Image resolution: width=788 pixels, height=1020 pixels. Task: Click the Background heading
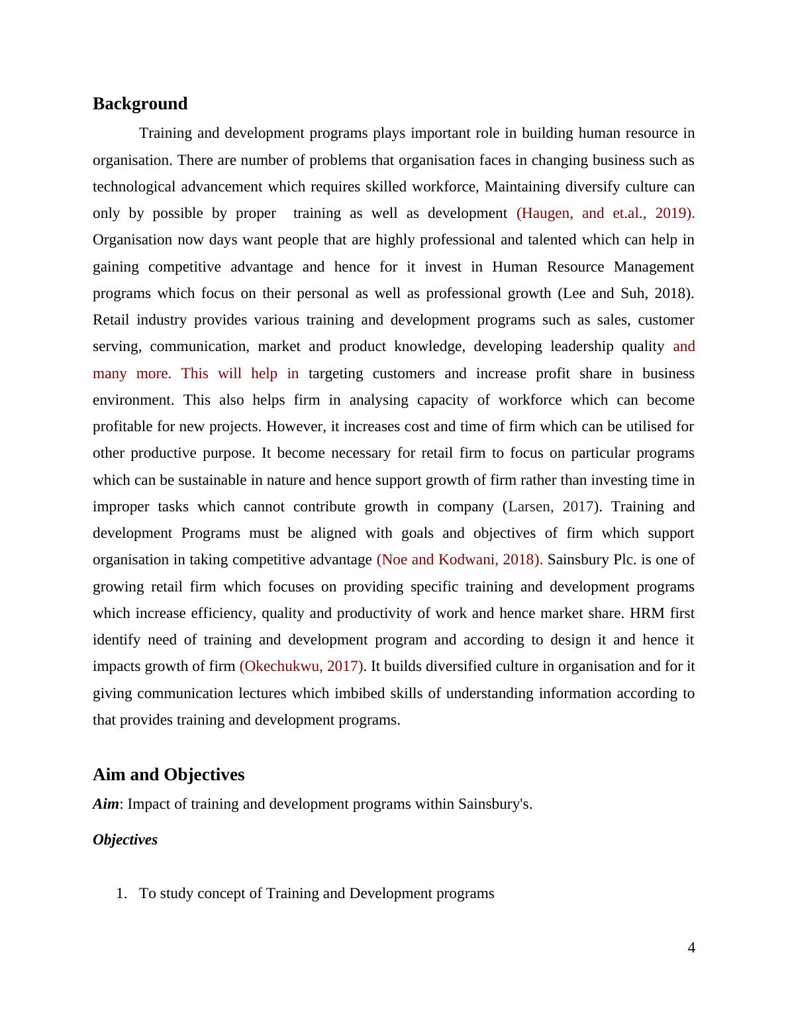pos(140,104)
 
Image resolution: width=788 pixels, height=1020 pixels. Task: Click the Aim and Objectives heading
pos(168,775)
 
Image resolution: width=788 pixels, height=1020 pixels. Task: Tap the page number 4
pos(691,948)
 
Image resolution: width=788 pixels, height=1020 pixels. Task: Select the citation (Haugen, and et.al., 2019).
pos(605,213)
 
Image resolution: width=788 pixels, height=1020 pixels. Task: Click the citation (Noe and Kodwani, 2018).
pos(460,560)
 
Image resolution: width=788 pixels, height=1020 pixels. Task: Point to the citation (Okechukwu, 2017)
pos(302,666)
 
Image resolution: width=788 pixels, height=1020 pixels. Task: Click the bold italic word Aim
pos(106,804)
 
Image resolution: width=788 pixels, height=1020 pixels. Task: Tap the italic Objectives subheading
pos(125,840)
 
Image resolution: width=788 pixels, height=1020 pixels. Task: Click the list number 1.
pos(121,893)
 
